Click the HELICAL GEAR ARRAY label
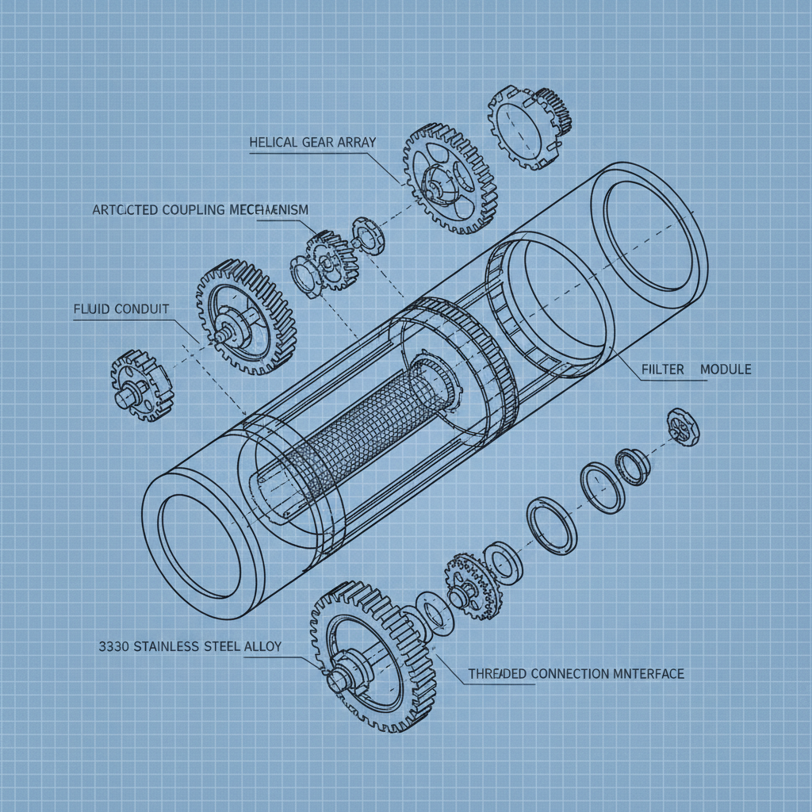pyautogui.click(x=312, y=142)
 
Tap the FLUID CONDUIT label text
pyautogui.click(x=121, y=308)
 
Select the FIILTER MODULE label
pyautogui.click(x=695, y=370)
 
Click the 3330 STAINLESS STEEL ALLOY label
pyautogui.click(x=190, y=646)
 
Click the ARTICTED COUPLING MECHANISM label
pyautogui.click(x=200, y=209)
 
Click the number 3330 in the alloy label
pyautogui.click(x=115, y=646)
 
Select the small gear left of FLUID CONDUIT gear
pyautogui.click(x=140, y=385)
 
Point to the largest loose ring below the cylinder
pyautogui.click(x=552, y=525)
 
